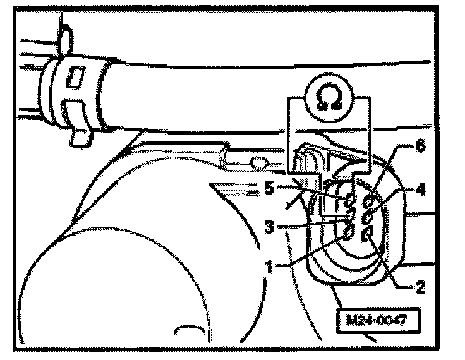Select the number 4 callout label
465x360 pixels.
click(x=420, y=188)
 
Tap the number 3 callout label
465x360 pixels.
click(x=269, y=225)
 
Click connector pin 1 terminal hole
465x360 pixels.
click(x=347, y=232)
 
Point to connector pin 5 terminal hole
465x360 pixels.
click(x=350, y=202)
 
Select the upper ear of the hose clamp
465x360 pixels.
click(x=63, y=38)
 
